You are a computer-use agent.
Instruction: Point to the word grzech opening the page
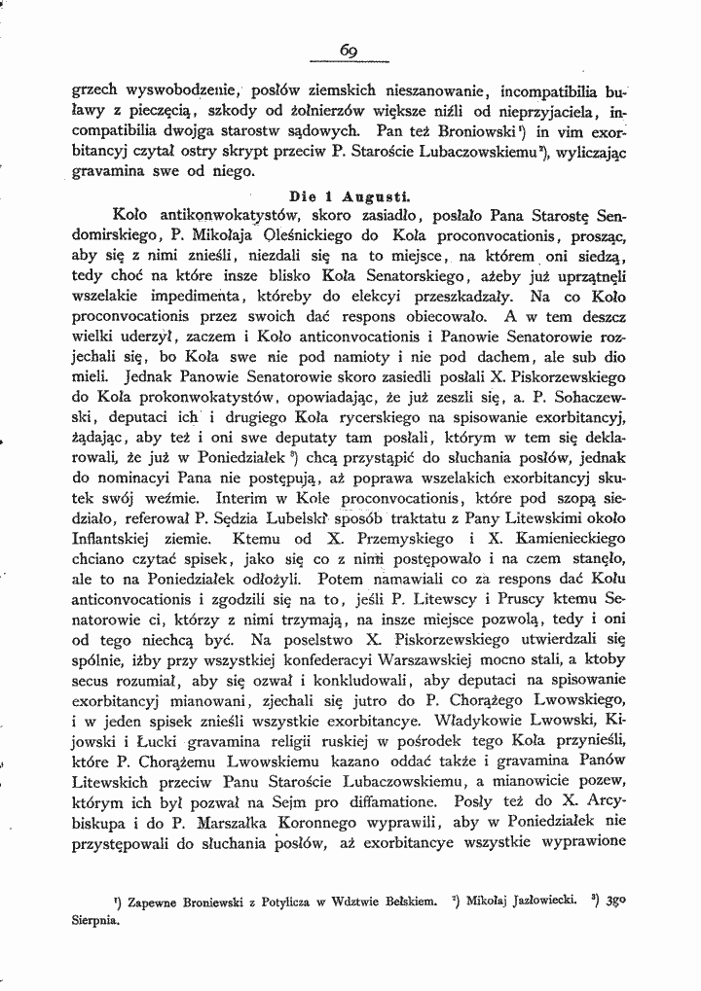pos(94,95)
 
